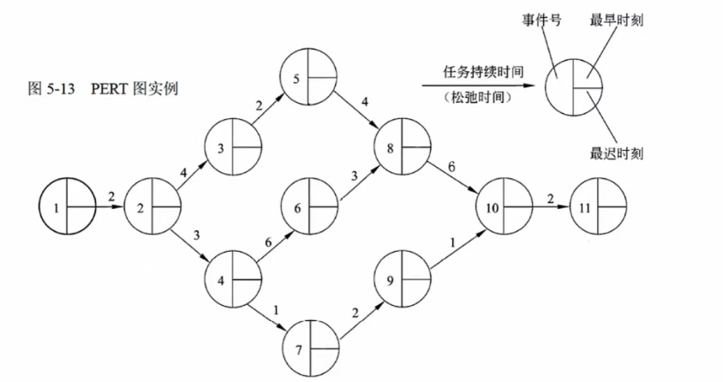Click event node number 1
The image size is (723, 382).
[x=67, y=206]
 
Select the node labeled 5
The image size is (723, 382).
[x=310, y=81]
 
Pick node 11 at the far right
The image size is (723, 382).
[x=599, y=206]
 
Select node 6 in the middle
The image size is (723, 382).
[x=310, y=206]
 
